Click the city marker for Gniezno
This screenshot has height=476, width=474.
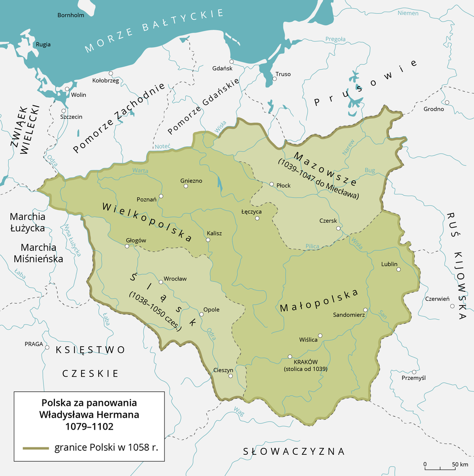185,187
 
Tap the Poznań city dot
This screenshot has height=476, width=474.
161,196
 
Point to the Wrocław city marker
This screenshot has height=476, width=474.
160,282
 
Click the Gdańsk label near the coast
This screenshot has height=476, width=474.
222,68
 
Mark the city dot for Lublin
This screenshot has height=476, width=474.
398,270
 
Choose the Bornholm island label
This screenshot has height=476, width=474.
71,15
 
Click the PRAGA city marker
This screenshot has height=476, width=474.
47,348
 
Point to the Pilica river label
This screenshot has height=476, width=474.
312,245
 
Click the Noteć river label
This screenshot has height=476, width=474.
162,147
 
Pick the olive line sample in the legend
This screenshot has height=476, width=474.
36,448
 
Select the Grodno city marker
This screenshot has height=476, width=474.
446,102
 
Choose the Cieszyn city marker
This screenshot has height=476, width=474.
231,376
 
